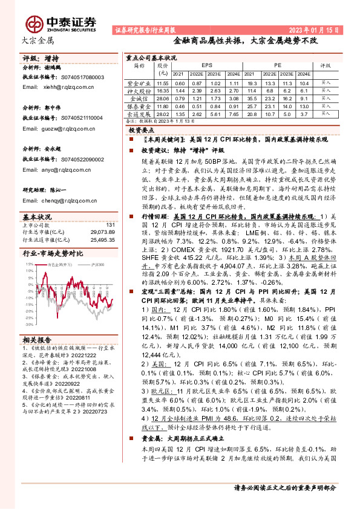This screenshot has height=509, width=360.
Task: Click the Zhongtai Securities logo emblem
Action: pyautogui.click(x=35, y=22)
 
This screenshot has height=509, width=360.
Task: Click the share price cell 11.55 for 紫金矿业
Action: pyautogui.click(x=162, y=83)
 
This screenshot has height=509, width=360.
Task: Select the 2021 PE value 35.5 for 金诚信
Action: pyautogui.click(x=253, y=98)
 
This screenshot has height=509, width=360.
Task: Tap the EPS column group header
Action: pyautogui.click(x=207, y=63)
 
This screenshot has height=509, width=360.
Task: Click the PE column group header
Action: pyautogui.click(x=278, y=63)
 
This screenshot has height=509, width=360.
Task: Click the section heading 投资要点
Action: pyautogui.click(x=143, y=131)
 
